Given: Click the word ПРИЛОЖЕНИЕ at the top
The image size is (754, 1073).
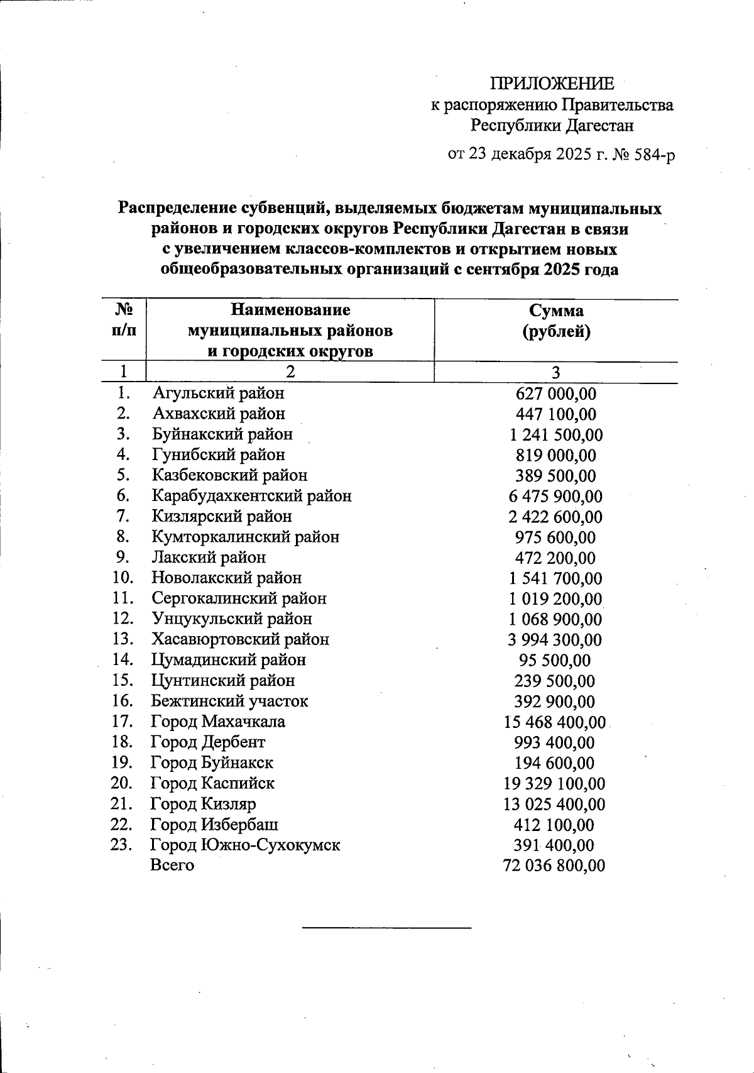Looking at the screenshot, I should [x=552, y=84].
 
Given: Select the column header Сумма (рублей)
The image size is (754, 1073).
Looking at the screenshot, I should [x=555, y=321].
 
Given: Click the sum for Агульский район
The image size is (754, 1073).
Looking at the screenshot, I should [x=555, y=394].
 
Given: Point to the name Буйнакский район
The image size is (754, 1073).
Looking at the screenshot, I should [x=222, y=434].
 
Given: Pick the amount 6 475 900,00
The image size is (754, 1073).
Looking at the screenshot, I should [x=555, y=497].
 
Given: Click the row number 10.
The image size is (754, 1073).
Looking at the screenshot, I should [x=123, y=577].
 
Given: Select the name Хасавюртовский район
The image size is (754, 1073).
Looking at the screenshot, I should [x=240, y=639].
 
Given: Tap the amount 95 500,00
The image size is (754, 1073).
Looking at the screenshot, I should [x=555, y=661].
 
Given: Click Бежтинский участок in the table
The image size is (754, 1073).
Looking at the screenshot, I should [x=229, y=701].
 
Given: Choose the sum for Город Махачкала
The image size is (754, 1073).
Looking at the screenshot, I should [x=555, y=722].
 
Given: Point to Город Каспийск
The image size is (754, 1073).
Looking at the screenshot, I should [x=212, y=783].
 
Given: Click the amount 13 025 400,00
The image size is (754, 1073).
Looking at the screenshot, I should [x=555, y=805].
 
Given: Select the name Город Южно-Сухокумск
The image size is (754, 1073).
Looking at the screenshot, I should [x=245, y=845].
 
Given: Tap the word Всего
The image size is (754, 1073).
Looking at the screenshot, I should [x=172, y=866].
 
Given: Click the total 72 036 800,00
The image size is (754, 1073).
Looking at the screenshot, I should [x=555, y=866].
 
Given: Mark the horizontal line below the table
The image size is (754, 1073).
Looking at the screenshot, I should [x=386, y=927].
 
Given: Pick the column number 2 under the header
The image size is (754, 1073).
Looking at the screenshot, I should [x=290, y=371].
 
